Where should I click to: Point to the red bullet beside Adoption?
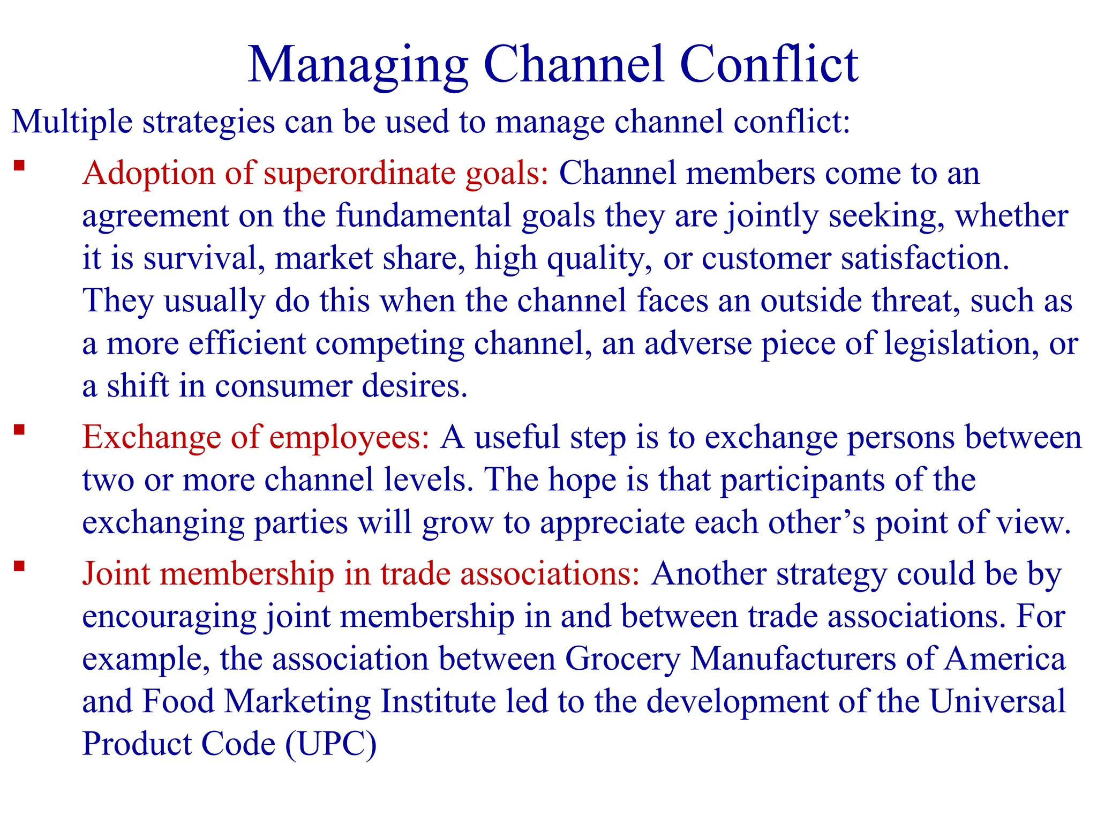click(20, 166)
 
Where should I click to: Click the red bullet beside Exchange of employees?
click(20, 430)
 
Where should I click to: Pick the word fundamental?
click(424, 216)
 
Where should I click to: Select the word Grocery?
click(622, 659)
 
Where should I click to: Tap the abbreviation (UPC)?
click(331, 744)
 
